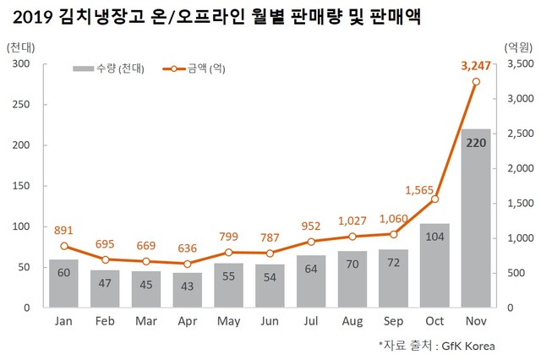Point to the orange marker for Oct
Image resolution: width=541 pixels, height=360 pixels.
click(434, 199)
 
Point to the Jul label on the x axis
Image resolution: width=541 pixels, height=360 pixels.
click(311, 322)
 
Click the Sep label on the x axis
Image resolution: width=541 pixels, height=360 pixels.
click(393, 322)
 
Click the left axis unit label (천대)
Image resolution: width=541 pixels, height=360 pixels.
click(20, 47)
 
